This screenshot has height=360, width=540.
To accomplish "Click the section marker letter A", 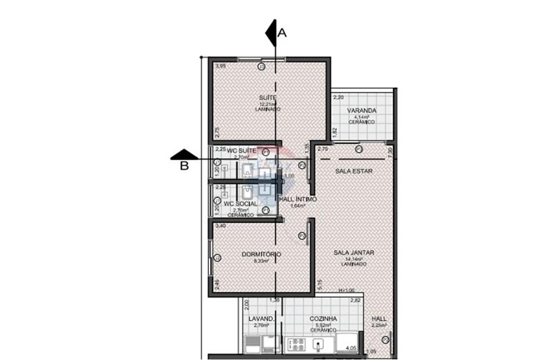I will click(x=282, y=33).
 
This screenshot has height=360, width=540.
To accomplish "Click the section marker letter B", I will click(x=184, y=166).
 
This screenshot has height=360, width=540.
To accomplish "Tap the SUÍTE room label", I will click(x=268, y=98).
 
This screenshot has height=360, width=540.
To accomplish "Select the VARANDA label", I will click(x=361, y=111).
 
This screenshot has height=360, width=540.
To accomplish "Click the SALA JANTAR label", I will click(x=354, y=253).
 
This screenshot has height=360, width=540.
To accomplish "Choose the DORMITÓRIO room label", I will click(x=261, y=254).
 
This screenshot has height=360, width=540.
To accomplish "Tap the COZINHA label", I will click(x=323, y=319).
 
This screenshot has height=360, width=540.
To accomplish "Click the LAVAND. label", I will click(x=261, y=319).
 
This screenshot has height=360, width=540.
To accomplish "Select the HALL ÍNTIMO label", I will click(x=298, y=199).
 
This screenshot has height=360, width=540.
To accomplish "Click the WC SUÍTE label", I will click(x=241, y=150).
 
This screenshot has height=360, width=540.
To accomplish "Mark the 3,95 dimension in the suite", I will click(x=219, y=66).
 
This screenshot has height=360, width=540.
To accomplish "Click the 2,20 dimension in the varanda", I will click(x=338, y=98).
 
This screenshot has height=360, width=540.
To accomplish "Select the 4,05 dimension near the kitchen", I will click(x=351, y=349).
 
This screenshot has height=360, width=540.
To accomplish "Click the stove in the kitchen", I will click(x=296, y=343).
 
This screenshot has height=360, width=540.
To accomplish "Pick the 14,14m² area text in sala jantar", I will click(x=353, y=259).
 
